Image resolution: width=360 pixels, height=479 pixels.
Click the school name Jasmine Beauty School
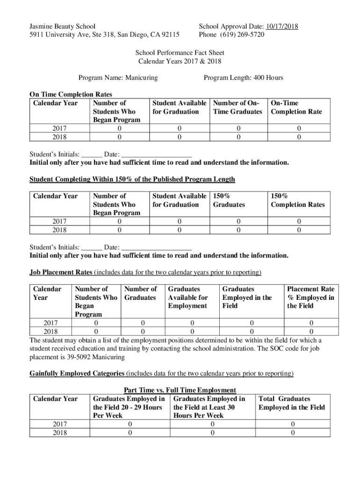pos(62,26)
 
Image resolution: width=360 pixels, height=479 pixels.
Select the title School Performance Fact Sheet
pos(180,53)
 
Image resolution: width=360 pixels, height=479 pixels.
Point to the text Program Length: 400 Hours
pos(243,78)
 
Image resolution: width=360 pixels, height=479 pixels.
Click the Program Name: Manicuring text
pos(118,78)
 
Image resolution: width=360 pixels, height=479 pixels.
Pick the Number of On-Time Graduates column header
pos(238,107)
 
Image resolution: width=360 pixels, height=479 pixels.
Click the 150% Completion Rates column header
pos(297,200)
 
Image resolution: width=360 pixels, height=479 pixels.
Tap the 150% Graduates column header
pos(229,200)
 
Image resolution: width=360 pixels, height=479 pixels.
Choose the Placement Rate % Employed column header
pos(310,298)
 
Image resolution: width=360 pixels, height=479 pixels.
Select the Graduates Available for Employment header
pos(187,298)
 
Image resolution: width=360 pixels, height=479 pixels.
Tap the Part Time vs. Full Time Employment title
pos(180,390)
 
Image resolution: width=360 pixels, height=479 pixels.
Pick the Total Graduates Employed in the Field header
pos(291,403)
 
